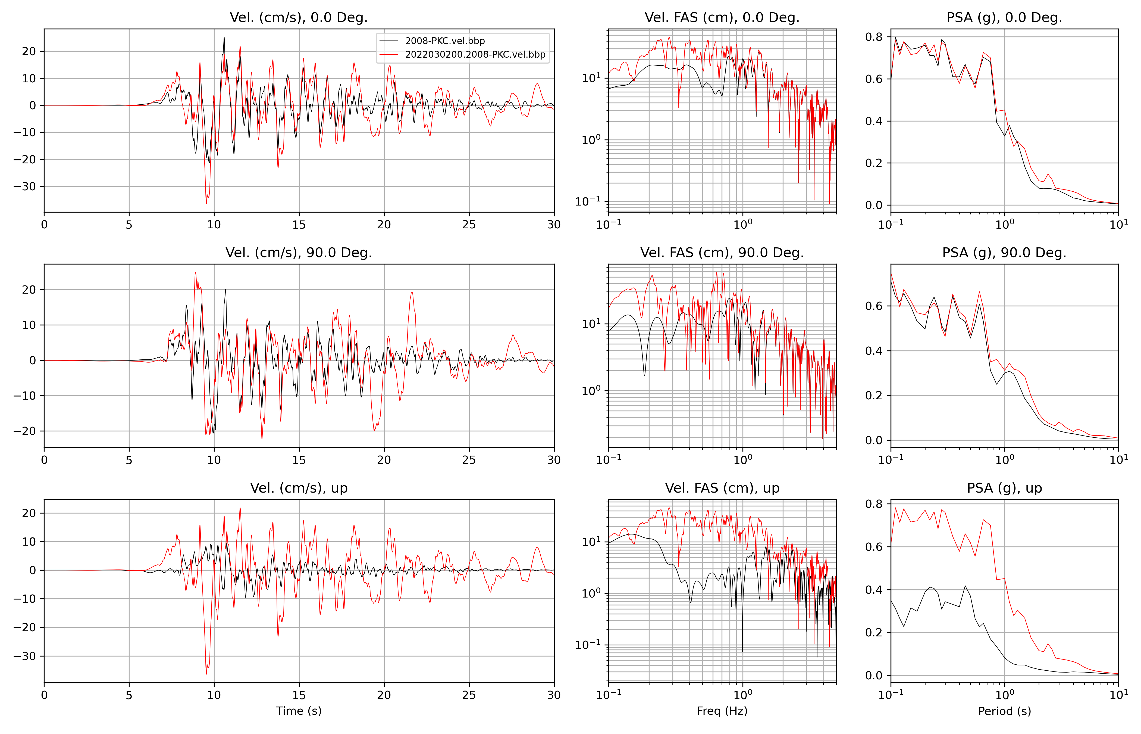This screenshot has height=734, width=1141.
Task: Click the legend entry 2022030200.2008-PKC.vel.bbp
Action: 475,54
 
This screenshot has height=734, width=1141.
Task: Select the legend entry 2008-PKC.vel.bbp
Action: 445,41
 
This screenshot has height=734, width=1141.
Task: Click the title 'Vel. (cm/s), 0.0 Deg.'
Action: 299,18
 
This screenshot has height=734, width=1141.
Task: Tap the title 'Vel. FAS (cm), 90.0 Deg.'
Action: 722,253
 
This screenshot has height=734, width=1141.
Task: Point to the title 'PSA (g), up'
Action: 1004,488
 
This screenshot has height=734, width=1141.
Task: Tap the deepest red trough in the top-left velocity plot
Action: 206,204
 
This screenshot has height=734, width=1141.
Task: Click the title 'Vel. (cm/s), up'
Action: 299,488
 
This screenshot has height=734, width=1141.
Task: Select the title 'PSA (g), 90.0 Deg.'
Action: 1004,253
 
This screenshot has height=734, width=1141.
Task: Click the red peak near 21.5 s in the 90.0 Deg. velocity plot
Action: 412,292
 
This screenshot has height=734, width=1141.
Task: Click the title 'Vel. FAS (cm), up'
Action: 722,488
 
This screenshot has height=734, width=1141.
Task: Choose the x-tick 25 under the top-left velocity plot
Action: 469,225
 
